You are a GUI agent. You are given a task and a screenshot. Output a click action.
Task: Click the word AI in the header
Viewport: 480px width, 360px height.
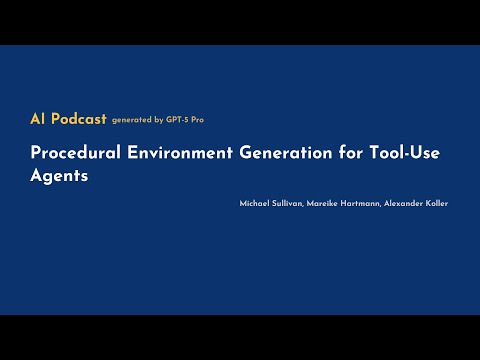[x=38, y=119]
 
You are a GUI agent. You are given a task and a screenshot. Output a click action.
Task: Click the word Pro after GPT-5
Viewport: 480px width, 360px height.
[x=200, y=120]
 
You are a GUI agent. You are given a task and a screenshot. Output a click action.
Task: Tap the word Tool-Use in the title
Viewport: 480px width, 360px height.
[x=400, y=153]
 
